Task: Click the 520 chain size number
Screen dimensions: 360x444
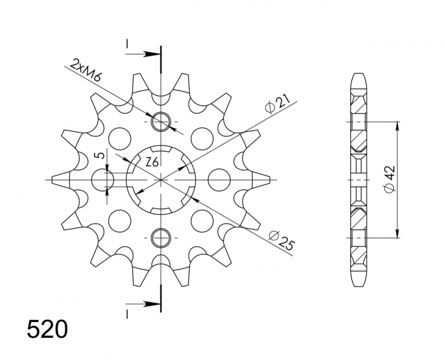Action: (x=47, y=330)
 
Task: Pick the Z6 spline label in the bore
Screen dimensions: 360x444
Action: (x=152, y=162)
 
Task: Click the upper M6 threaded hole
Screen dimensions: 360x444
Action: (x=161, y=120)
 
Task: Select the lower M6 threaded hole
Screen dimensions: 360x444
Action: (x=161, y=238)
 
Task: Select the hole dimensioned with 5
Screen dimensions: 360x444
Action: (x=103, y=180)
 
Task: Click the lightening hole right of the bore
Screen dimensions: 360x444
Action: (x=218, y=179)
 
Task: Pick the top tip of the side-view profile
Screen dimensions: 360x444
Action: (x=358, y=75)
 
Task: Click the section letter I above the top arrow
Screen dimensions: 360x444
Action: (x=127, y=44)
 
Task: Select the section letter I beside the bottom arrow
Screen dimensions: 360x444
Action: (x=127, y=314)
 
